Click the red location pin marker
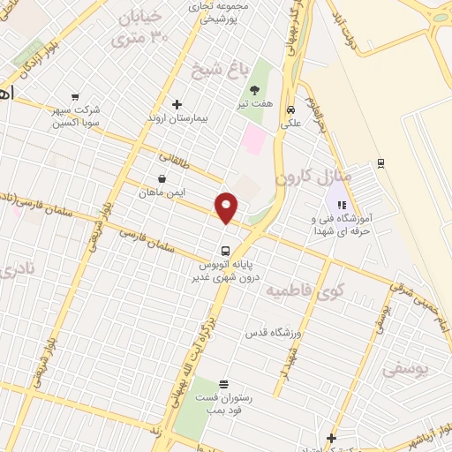tap(228, 207)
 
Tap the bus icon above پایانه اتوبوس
tap(226, 249)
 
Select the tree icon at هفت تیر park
tap(254, 91)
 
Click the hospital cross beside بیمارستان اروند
tap(177, 104)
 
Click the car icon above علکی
tap(290, 110)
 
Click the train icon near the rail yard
tap(380, 162)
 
